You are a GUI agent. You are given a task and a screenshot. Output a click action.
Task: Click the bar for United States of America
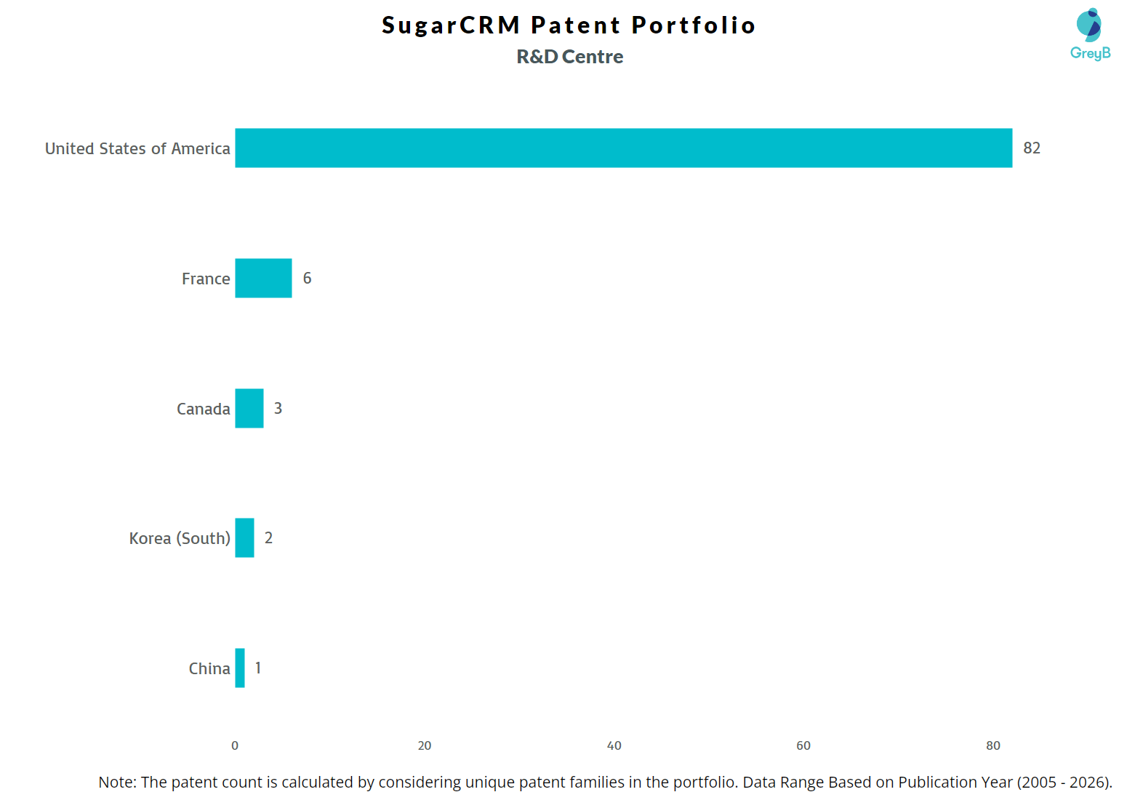pyautogui.click(x=623, y=148)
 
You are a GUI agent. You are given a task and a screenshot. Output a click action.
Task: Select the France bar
pyautogui.click(x=263, y=278)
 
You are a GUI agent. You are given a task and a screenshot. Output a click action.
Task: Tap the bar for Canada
pyautogui.click(x=249, y=408)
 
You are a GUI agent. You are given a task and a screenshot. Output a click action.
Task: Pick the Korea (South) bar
pyautogui.click(x=244, y=538)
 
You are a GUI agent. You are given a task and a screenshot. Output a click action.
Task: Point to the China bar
pyautogui.click(x=240, y=668)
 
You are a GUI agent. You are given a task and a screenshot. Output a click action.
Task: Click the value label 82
pyautogui.click(x=1031, y=148)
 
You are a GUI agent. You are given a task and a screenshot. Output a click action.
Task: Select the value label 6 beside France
pyautogui.click(x=307, y=279)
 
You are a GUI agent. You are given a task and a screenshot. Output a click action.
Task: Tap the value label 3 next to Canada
pyautogui.click(x=278, y=409)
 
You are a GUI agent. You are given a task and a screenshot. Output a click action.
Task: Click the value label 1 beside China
pyautogui.click(x=258, y=668)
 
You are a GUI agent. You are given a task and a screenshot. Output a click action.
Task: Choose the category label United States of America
pyautogui.click(x=137, y=148)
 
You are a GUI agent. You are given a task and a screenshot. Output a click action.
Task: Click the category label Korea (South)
pyautogui.click(x=180, y=539)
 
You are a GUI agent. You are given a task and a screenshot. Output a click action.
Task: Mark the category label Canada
pyautogui.click(x=203, y=409)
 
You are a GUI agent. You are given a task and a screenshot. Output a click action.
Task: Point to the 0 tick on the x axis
pyautogui.click(x=235, y=745)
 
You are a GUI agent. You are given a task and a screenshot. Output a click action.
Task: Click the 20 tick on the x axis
pyautogui.click(x=425, y=745)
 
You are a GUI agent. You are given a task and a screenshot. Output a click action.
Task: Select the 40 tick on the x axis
pyautogui.click(x=614, y=745)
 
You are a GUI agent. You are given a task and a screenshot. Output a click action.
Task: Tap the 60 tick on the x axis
pyautogui.click(x=803, y=745)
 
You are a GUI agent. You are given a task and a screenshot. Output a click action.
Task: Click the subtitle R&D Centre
pyautogui.click(x=569, y=57)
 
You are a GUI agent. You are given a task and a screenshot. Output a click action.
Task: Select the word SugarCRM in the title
pyautogui.click(x=451, y=25)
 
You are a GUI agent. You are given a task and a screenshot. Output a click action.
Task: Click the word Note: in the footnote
pyautogui.click(x=117, y=783)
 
